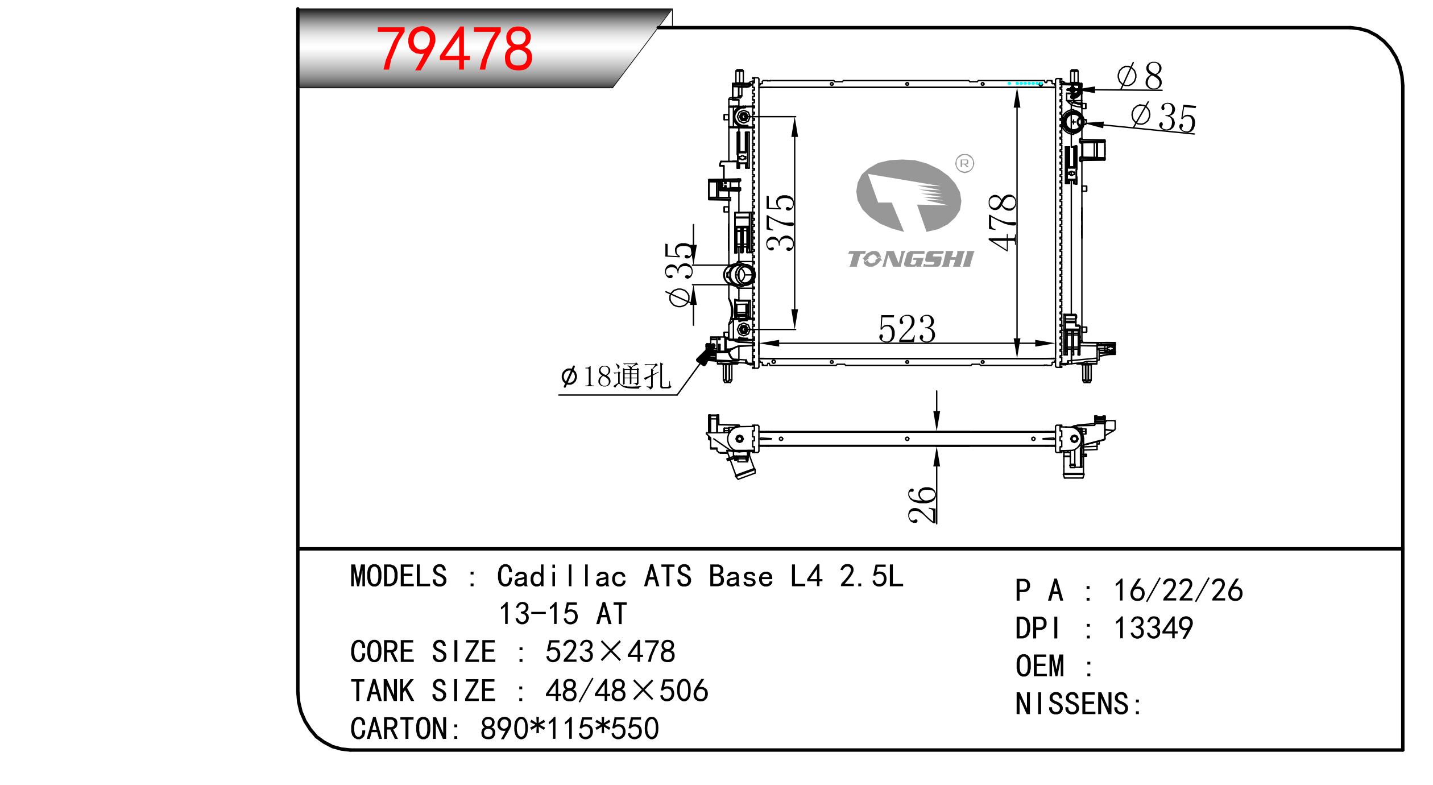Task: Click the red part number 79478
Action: (456, 50)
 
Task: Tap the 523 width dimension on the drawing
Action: (907, 329)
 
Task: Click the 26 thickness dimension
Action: (922, 504)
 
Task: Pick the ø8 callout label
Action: (1140, 77)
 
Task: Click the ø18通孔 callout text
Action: (616, 377)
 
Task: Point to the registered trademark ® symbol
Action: (966, 164)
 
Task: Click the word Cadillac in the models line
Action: (562, 576)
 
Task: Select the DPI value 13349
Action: (1153, 628)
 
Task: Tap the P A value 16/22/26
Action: (1178, 590)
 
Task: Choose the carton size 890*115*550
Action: (570, 728)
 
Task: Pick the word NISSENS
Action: (1072, 704)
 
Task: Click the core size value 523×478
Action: (610, 651)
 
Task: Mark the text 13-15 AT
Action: (562, 614)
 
